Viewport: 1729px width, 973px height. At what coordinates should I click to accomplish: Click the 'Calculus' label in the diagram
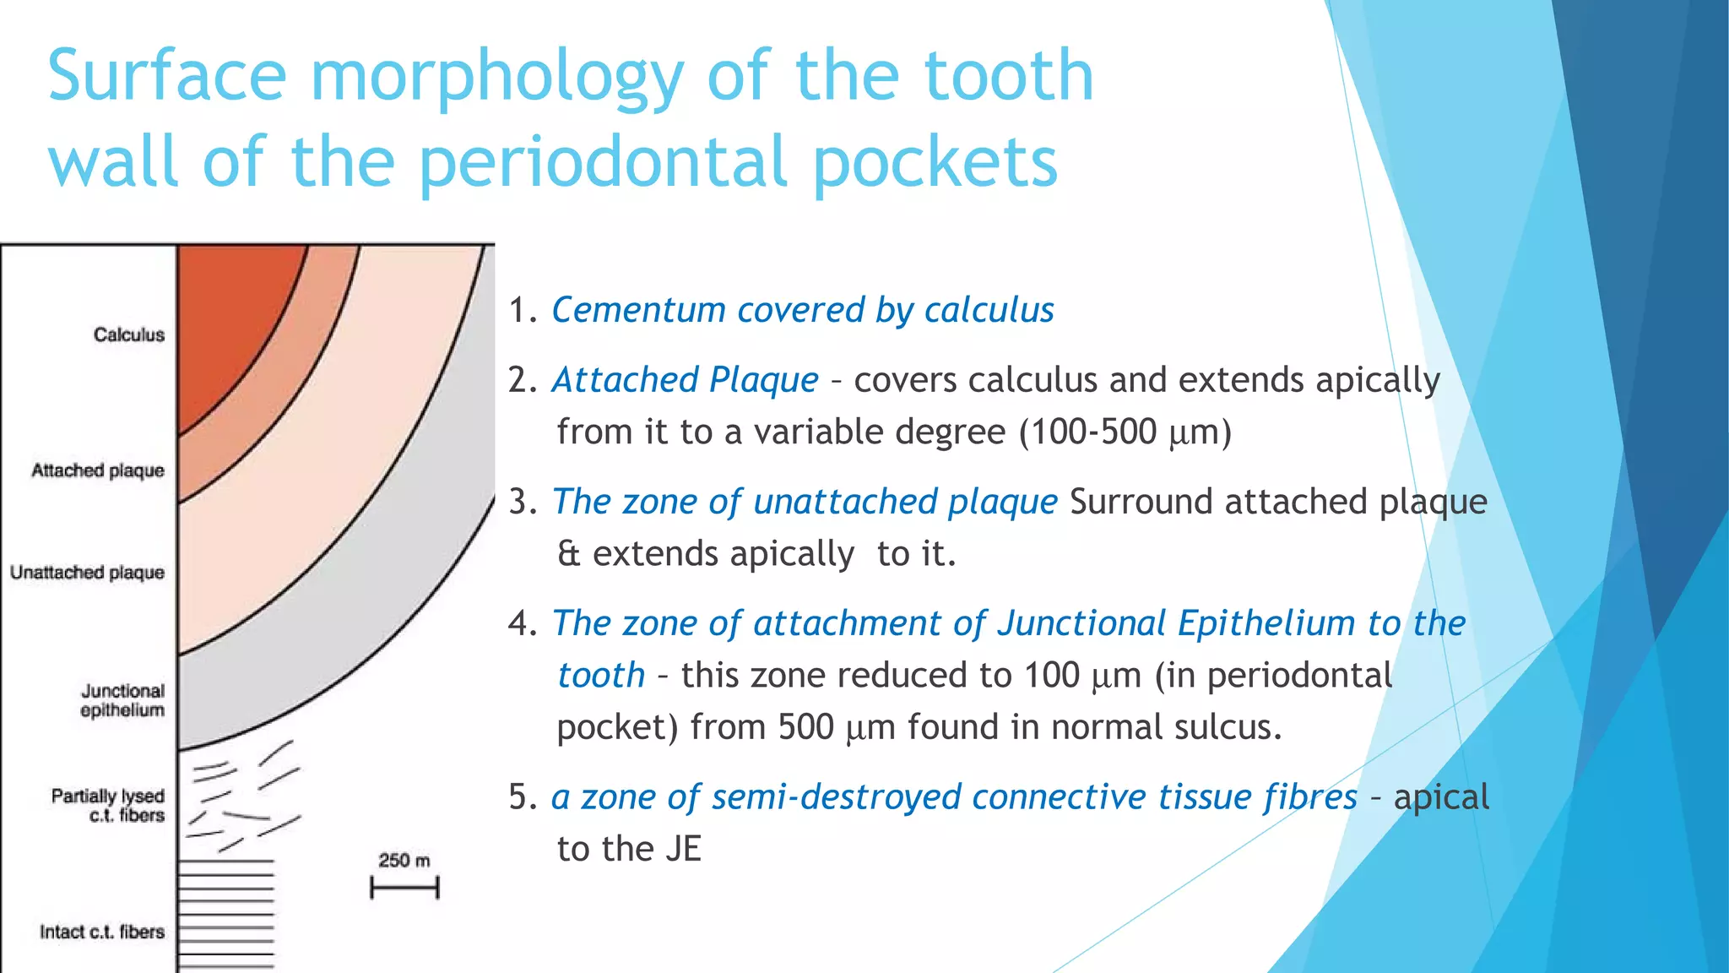click(129, 334)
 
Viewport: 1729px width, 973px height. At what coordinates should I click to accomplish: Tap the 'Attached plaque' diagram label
click(98, 470)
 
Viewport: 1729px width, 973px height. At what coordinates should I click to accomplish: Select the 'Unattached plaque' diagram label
click(87, 573)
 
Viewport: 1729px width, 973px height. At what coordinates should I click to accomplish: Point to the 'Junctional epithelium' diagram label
click(122, 700)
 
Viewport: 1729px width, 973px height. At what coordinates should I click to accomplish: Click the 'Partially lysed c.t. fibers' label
click(108, 805)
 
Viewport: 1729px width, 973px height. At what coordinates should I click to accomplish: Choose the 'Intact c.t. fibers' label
click(101, 932)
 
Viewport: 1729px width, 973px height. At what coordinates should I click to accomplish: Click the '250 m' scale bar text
click(404, 861)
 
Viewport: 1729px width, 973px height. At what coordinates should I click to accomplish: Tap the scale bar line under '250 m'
click(404, 888)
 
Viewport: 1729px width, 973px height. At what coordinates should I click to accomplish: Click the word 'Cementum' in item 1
click(638, 310)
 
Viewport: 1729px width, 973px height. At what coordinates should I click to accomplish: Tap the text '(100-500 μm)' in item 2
click(1125, 432)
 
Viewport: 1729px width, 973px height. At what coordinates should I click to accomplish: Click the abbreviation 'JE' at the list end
click(683, 849)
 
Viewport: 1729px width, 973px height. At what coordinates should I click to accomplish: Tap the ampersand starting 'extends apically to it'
click(569, 554)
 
